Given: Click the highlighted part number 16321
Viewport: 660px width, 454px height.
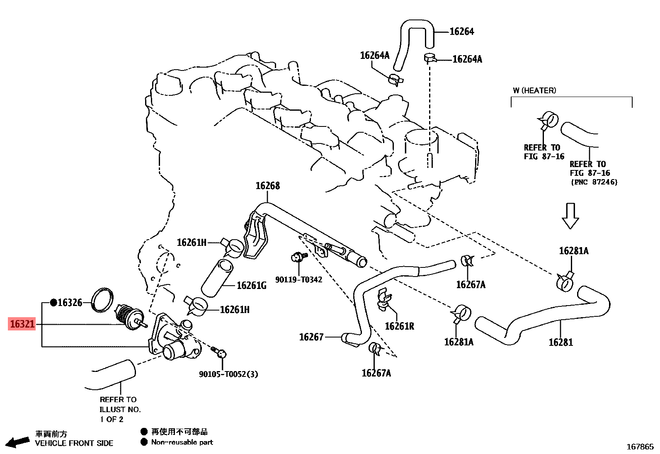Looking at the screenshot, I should [22, 324].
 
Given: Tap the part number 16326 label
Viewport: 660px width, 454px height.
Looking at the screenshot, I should [70, 303].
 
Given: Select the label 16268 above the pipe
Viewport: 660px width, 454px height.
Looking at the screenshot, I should [267, 186].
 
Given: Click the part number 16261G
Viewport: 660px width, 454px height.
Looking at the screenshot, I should [251, 286].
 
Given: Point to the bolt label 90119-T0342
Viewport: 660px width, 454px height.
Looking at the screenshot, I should [298, 280].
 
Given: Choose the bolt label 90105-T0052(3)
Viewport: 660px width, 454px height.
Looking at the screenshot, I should [228, 374].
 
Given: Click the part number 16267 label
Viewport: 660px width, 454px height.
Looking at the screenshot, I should [311, 337].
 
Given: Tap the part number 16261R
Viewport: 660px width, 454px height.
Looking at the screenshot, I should [399, 326].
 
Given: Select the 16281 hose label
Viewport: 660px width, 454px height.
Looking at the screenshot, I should [561, 342].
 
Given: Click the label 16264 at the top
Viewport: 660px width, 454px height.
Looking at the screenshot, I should [462, 32].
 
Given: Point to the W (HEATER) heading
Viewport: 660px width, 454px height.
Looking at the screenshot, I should [534, 90].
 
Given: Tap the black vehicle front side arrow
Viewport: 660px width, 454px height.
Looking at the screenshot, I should [17, 442].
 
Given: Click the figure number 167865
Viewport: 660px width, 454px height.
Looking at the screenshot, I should [640, 447].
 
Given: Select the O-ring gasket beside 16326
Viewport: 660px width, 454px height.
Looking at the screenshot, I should [102, 300].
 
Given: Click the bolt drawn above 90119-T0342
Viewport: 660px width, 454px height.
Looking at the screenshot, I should [298, 257].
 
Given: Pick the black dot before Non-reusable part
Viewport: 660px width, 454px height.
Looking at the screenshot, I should [144, 442].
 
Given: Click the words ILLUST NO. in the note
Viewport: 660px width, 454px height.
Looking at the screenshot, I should [120, 409].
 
